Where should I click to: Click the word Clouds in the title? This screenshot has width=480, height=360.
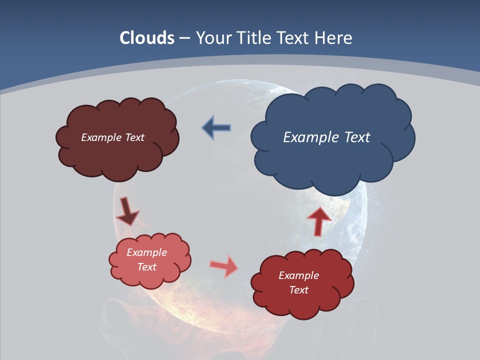point(147,38)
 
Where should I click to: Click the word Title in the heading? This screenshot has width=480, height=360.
point(253,38)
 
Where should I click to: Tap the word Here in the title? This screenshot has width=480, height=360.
point(333,38)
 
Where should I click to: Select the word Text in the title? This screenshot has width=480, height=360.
point(293,38)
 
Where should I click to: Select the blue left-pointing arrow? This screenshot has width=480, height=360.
point(216,128)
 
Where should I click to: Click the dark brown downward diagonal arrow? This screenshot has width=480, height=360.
point(127,211)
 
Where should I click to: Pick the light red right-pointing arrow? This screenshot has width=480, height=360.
point(224,266)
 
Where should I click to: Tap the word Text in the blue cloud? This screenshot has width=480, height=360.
point(357,137)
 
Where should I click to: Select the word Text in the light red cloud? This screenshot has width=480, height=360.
point(147,267)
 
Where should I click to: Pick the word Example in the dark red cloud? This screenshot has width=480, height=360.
point(298,275)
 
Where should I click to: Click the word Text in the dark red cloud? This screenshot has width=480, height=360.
point(298,290)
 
